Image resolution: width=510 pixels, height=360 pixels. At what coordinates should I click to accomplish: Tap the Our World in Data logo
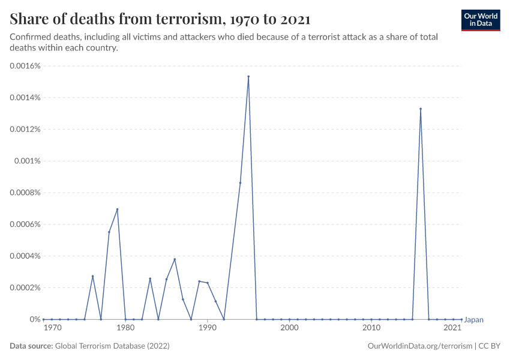pos(480,20)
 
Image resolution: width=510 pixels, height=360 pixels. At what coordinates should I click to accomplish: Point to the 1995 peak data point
pos(248,77)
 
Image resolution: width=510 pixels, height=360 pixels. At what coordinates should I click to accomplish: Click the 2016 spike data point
pos(421,109)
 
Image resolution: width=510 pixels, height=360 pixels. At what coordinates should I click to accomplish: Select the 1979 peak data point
pos(118,209)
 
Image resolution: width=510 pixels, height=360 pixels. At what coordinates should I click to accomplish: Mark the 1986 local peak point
pos(175,259)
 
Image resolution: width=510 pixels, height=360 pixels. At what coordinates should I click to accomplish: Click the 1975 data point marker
pos(93,276)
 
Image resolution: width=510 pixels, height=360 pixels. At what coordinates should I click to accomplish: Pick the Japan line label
pos(474,320)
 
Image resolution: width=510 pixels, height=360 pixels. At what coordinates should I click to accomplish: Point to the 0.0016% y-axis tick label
pos(25,66)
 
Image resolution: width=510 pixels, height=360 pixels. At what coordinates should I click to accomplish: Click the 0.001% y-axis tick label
pos(28,161)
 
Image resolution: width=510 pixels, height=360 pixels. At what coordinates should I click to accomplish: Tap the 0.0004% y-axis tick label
pos(25,256)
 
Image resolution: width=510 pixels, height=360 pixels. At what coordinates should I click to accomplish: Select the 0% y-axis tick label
pos(35,319)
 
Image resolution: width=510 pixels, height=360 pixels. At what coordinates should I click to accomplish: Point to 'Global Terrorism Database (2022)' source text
pos(112,346)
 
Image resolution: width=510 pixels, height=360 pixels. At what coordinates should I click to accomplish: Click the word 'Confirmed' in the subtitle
pos(29,37)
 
